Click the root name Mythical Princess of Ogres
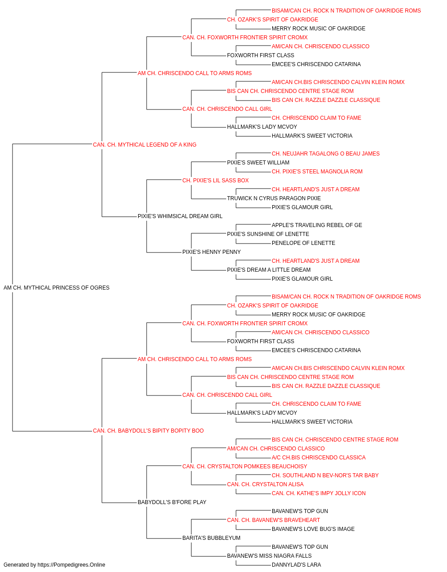(x=56, y=288)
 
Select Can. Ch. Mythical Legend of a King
(x=144, y=145)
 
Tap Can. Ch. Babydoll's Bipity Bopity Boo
(x=148, y=431)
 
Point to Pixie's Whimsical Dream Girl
(x=180, y=216)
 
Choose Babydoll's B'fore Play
(x=172, y=502)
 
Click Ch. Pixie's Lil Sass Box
(x=215, y=180)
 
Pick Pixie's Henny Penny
(x=211, y=252)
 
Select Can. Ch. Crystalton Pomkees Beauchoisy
(x=245, y=466)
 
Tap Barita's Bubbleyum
(x=211, y=538)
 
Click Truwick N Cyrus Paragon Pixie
(x=274, y=198)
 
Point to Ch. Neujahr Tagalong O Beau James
(x=325, y=153)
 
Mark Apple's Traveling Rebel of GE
(x=316, y=225)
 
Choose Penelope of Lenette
(x=303, y=243)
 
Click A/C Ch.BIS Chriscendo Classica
(x=319, y=458)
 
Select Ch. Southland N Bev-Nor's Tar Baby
(x=325, y=475)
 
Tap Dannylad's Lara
(x=296, y=565)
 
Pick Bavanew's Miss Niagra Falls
(x=269, y=555)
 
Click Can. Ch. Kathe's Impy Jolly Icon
(x=319, y=493)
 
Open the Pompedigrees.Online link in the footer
(x=71, y=565)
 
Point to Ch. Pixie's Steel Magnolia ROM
(x=317, y=171)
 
